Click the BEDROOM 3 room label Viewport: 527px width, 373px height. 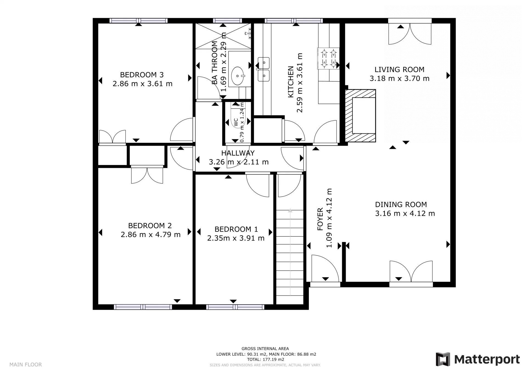(142, 75)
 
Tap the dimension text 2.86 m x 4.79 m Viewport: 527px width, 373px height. (151, 235)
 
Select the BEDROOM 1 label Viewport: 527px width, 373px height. (236, 229)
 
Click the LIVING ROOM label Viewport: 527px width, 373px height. (399, 69)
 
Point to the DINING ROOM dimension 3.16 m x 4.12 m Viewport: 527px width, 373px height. (405, 213)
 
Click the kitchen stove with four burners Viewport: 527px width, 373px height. (329, 58)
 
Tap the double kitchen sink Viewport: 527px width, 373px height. (263, 69)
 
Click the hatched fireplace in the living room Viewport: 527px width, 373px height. (360, 116)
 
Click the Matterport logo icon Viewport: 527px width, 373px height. (443, 359)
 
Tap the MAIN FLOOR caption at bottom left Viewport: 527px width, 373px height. (26, 364)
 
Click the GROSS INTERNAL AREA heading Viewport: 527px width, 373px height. (265, 349)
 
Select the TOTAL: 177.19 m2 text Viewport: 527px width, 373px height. (265, 359)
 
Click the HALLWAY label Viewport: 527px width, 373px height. (238, 153)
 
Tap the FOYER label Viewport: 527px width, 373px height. (320, 219)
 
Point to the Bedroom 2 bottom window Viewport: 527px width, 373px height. (143, 307)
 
